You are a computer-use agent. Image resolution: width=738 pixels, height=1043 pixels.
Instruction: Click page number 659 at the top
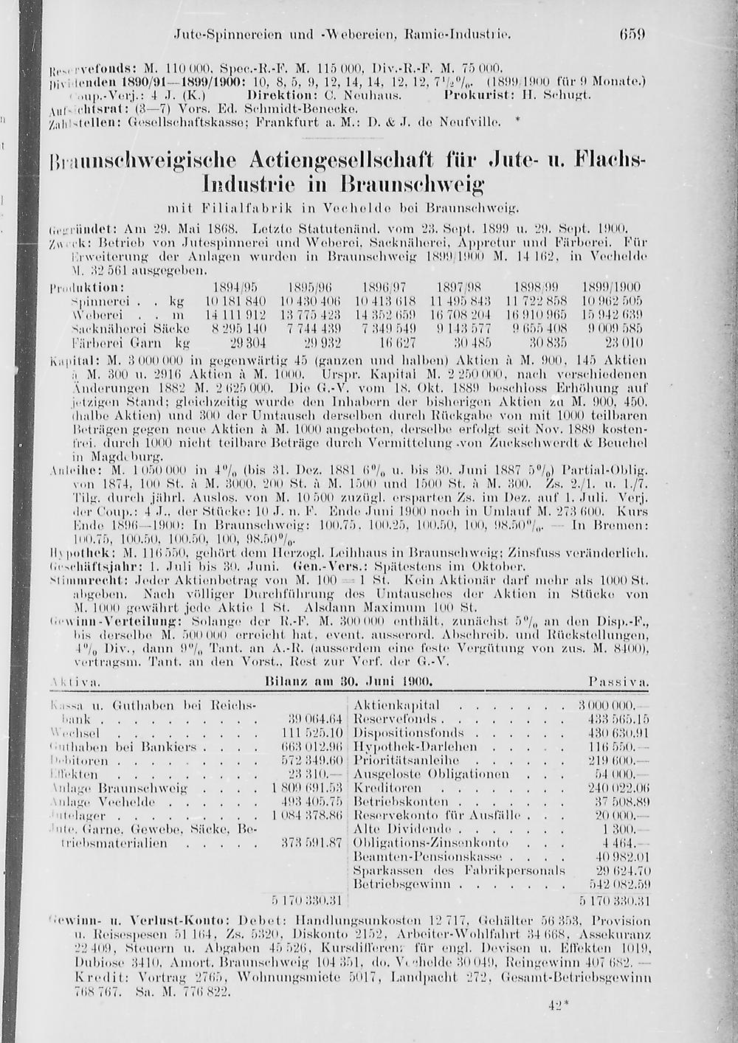coord(632,34)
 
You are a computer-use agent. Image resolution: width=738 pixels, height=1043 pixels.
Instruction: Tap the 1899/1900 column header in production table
coord(612,286)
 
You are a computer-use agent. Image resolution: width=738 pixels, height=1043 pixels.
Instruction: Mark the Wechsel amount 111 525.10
coord(313,732)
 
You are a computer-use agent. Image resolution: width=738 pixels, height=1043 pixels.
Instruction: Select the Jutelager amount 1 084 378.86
coord(308,815)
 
